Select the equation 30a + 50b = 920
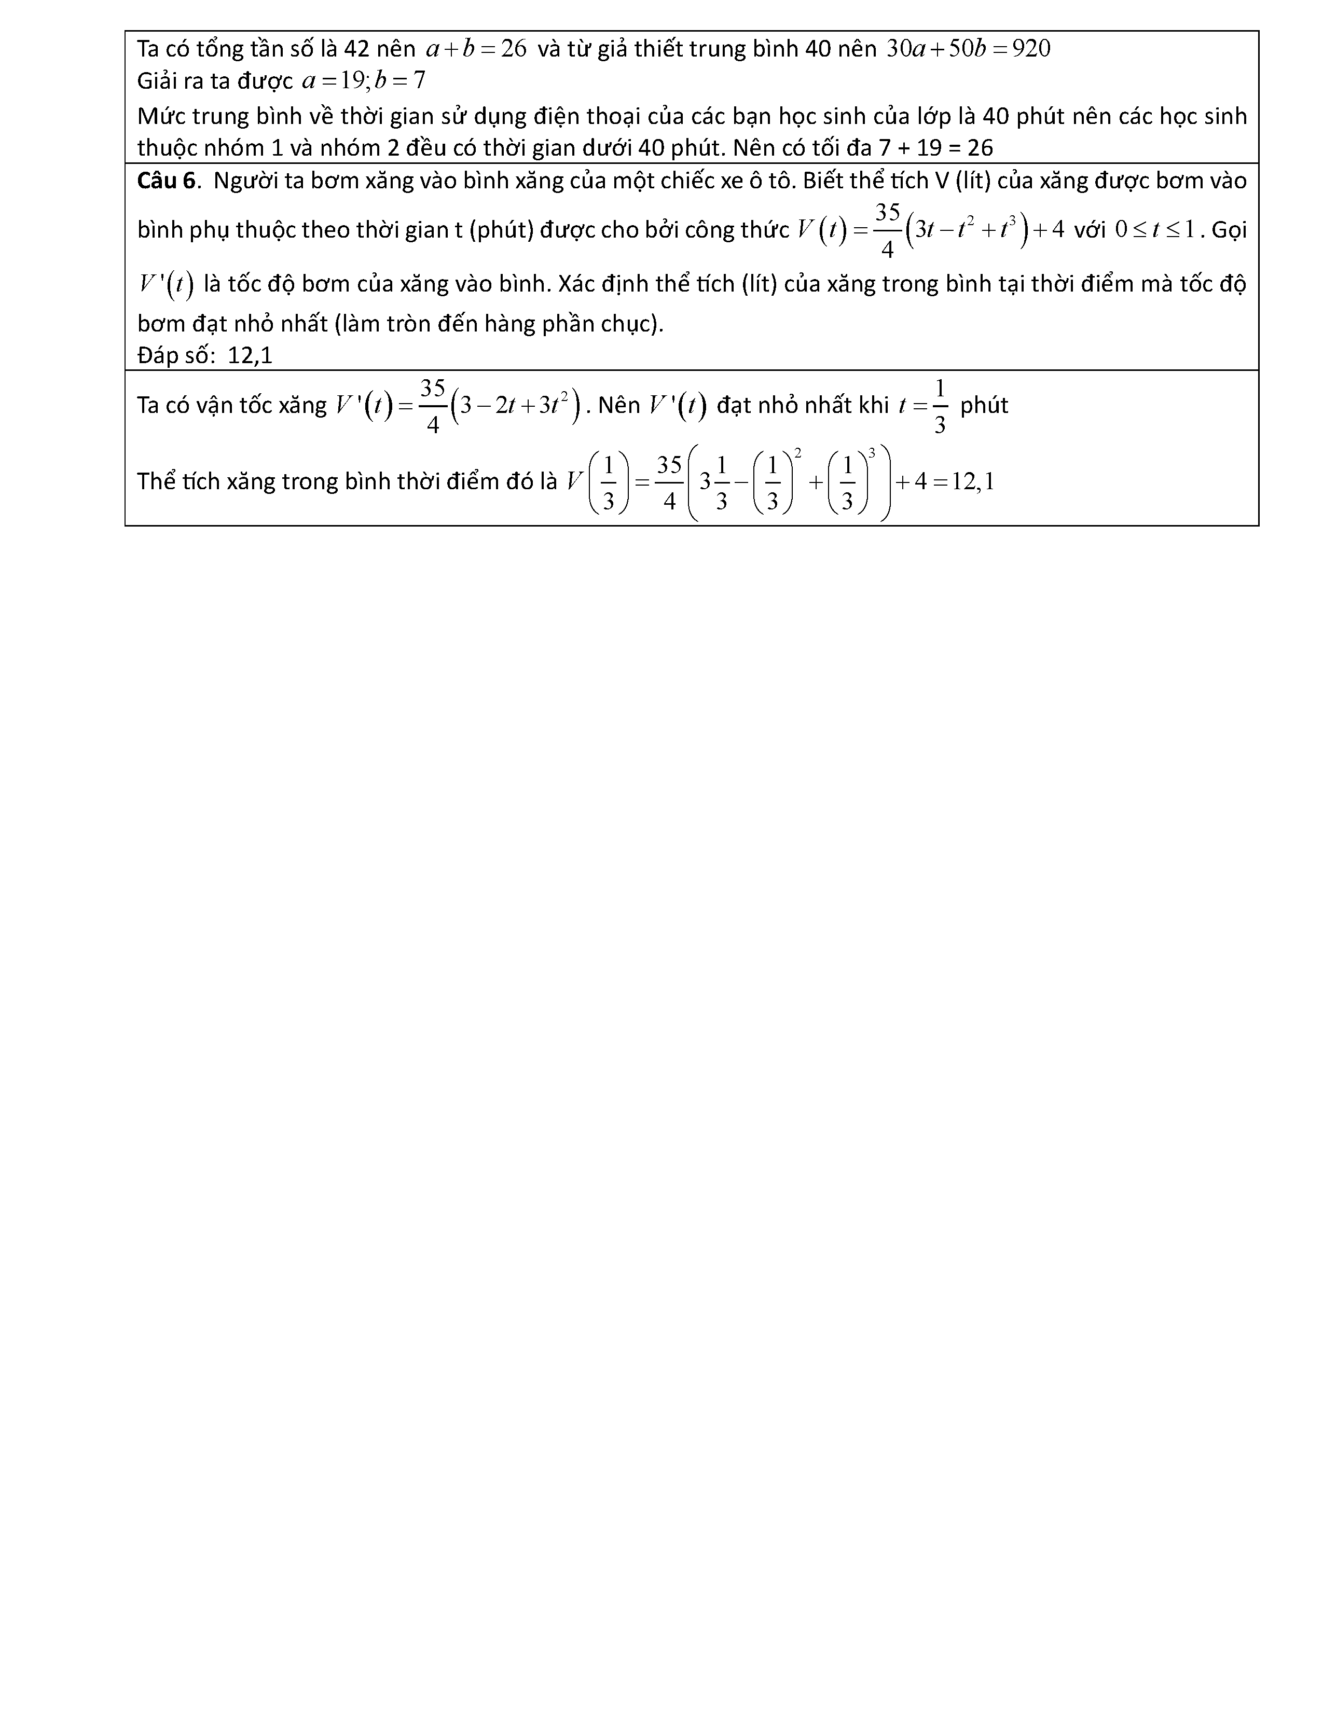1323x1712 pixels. tap(968, 49)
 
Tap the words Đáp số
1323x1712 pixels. tap(174, 356)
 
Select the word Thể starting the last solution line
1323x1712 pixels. tap(156, 481)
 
